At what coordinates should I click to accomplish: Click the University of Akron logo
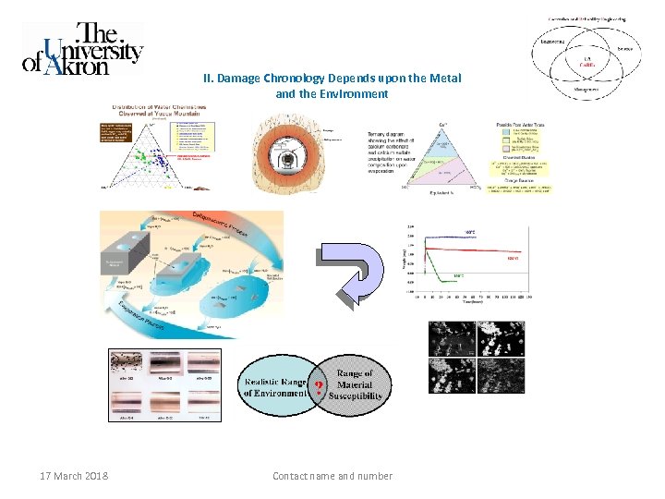pos(82,49)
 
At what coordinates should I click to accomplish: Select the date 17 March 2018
pos(73,476)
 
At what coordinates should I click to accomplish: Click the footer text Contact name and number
pos(332,476)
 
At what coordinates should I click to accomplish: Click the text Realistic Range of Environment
pos(277,387)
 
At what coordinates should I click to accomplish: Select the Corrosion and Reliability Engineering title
pos(587,18)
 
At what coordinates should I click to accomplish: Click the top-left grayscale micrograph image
pos(451,339)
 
